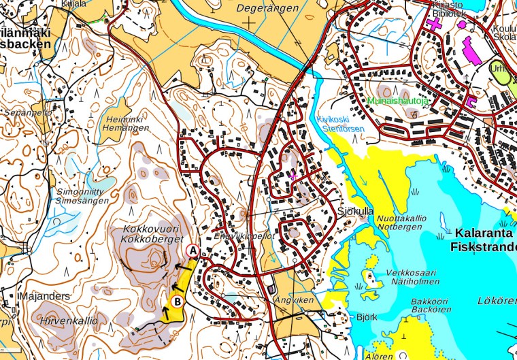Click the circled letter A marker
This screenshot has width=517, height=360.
193,250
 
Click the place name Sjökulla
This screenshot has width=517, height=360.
355,212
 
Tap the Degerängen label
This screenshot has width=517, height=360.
269,8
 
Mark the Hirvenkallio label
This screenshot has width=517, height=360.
68,321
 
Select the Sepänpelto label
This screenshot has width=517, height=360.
28,112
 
